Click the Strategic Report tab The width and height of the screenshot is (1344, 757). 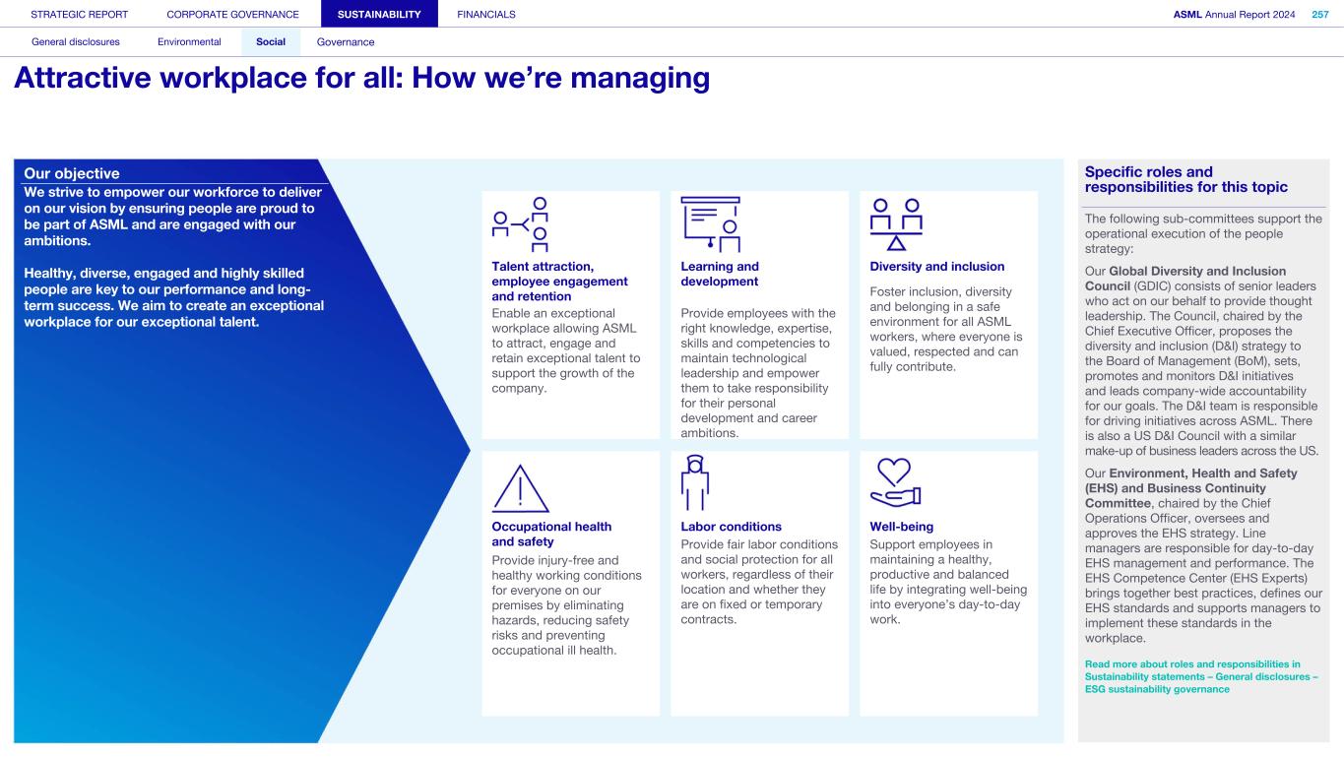tap(80, 14)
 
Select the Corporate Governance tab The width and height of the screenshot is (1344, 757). tap(232, 14)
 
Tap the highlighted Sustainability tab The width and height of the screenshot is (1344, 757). tap(379, 14)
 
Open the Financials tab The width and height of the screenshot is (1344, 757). tap(486, 14)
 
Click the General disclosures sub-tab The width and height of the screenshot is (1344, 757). tap(76, 42)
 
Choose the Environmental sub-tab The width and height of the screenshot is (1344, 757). tap(189, 42)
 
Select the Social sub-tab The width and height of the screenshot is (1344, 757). tap(271, 42)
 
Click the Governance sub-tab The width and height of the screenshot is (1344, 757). tap(346, 42)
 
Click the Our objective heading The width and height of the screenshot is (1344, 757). tap(73, 174)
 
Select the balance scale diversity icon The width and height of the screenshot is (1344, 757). tap(897, 225)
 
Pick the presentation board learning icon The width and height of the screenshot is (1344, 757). tap(710, 224)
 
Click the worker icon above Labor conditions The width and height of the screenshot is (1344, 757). tap(694, 481)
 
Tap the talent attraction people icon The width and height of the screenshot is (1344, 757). tap(521, 225)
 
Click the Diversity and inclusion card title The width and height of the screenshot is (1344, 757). tap(936, 267)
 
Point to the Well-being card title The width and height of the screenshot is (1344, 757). tap(901, 527)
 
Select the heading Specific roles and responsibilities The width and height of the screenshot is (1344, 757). tap(1185, 179)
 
